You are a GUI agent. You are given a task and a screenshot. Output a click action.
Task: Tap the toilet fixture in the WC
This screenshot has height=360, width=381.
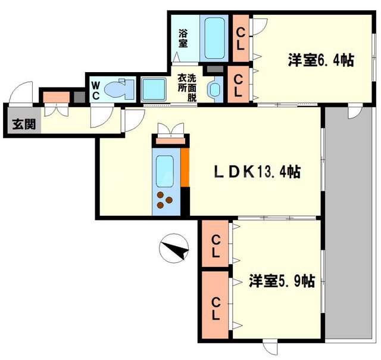(117, 89)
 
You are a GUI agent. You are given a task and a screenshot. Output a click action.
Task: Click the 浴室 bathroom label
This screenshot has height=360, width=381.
(183, 38)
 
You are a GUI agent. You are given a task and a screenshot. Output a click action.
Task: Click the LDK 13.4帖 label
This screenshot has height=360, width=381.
(257, 172)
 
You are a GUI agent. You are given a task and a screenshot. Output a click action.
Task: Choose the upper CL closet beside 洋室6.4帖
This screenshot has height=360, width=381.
(241, 37)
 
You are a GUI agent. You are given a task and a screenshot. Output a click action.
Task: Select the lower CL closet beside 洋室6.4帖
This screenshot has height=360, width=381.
(238, 85)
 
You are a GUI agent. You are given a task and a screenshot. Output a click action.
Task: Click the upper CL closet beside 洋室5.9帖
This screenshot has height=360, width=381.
(214, 245)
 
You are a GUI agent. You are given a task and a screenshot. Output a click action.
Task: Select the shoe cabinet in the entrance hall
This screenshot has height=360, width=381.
(55, 96)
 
